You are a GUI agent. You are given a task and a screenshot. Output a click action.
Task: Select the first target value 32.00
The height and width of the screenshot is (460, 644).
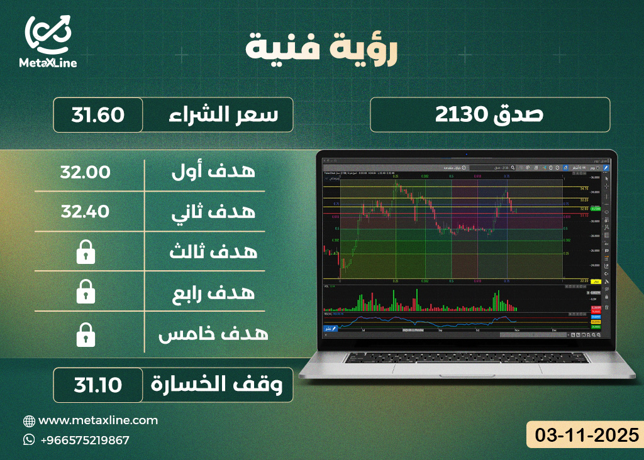pos(86,172)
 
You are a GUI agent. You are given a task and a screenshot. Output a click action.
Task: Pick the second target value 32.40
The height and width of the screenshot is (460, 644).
pos(86,212)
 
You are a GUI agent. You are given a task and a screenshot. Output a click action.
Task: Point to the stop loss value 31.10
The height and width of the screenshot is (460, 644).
pos(97,385)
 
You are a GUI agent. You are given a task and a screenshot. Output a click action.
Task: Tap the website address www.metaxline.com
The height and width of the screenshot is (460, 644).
pos(98,420)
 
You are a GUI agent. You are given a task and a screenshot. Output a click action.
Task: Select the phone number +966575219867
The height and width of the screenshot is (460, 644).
pos(84,440)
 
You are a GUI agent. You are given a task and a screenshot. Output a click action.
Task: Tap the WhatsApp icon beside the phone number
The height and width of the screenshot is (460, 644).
pos(29,440)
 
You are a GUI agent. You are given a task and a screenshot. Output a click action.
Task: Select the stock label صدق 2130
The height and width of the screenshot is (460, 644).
pos(489,115)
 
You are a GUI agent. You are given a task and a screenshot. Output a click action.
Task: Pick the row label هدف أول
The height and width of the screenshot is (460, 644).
pos(213,172)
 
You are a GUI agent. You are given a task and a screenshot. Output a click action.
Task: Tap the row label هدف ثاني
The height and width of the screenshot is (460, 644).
pos(213,212)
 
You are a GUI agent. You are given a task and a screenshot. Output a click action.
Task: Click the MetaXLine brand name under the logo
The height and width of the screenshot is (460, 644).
pos(48,63)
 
